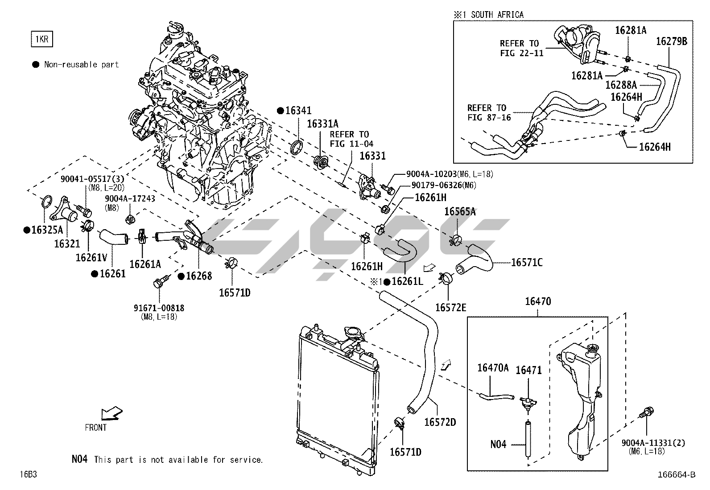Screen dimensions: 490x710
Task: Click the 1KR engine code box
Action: pos(41,39)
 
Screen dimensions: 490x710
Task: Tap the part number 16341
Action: pos(298,111)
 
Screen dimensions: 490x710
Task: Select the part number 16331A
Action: pos(322,124)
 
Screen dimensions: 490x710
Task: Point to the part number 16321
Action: pos(67,243)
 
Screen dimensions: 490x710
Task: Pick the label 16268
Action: pos(198,276)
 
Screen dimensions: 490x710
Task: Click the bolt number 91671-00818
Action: pos(159,308)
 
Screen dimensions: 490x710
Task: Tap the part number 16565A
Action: pos(460,212)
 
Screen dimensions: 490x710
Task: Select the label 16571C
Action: pos(527,262)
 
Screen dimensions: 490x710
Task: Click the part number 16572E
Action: pos(451,307)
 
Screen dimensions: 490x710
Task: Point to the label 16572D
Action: pos(440,422)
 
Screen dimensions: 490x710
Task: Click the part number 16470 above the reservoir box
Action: pos(538,302)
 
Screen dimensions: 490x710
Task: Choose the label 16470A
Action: pos(493,368)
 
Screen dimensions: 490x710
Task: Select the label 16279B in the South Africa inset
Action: pos(672,41)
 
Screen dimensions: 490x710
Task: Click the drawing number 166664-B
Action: pos(676,475)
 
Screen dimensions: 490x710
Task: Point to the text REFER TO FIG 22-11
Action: pos(519,49)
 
